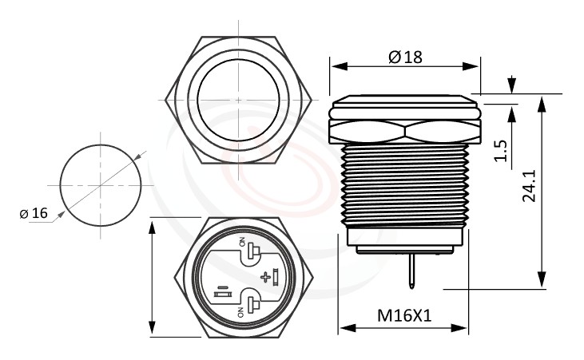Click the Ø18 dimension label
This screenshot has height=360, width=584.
pos(405,57)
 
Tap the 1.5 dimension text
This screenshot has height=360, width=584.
pos(501,150)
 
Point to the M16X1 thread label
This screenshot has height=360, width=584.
pos(404,315)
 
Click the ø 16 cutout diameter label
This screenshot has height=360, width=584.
pos(34,213)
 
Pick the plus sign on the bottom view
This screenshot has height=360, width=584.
pos(264,277)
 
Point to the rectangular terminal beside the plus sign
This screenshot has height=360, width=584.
pos(276,278)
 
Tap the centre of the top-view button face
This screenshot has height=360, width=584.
pos(239,99)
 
